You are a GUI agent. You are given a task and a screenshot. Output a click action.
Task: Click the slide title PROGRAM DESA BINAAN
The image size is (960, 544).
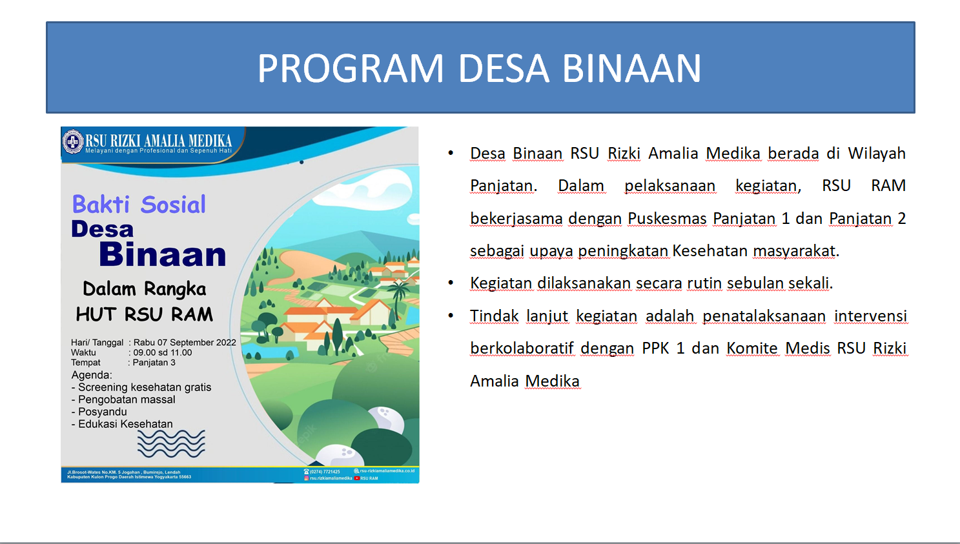[x=479, y=68]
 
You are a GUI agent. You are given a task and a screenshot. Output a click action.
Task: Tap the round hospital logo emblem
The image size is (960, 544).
[x=72, y=142]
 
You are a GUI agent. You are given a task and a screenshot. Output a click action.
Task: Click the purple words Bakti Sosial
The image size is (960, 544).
[x=139, y=205]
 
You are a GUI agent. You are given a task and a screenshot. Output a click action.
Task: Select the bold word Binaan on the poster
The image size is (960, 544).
[x=163, y=255]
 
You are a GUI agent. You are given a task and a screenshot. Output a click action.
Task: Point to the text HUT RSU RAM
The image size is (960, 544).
[x=144, y=314]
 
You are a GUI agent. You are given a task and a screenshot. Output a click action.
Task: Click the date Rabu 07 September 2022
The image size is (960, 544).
[x=185, y=342]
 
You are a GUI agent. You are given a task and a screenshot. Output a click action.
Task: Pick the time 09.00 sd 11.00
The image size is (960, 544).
[x=163, y=352]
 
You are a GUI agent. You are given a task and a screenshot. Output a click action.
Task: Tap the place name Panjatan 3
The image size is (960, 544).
[x=154, y=363]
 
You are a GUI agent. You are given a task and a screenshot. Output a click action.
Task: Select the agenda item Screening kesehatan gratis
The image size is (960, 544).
[x=145, y=387]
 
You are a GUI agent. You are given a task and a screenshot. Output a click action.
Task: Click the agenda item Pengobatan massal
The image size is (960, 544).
[x=127, y=399]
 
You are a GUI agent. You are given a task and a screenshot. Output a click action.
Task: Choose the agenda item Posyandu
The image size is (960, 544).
[x=103, y=412]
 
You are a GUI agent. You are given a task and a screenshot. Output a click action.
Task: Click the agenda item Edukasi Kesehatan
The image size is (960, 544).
[x=125, y=424]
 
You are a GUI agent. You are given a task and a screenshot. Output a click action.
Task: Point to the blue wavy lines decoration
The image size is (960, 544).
[x=171, y=443]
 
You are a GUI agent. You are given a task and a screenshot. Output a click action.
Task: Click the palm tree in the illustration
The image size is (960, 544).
[x=399, y=294]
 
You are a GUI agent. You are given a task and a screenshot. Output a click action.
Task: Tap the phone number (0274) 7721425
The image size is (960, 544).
[x=324, y=472]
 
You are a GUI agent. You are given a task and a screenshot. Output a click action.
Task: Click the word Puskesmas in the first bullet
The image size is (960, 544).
[x=667, y=219]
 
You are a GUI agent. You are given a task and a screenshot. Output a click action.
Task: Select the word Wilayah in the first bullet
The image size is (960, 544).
[x=876, y=154]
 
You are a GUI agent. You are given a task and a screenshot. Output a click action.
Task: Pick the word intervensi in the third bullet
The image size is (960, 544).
[x=870, y=316]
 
